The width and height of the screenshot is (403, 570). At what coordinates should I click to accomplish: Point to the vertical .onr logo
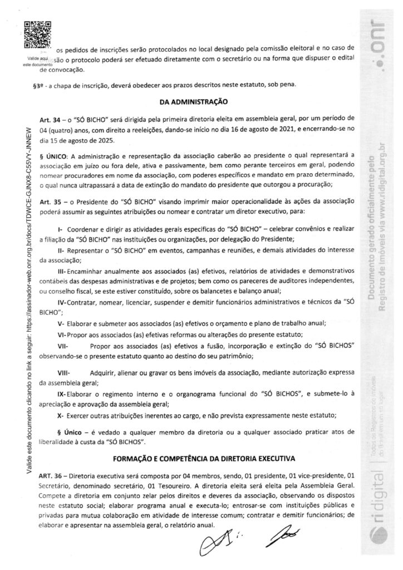click(x=375, y=42)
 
